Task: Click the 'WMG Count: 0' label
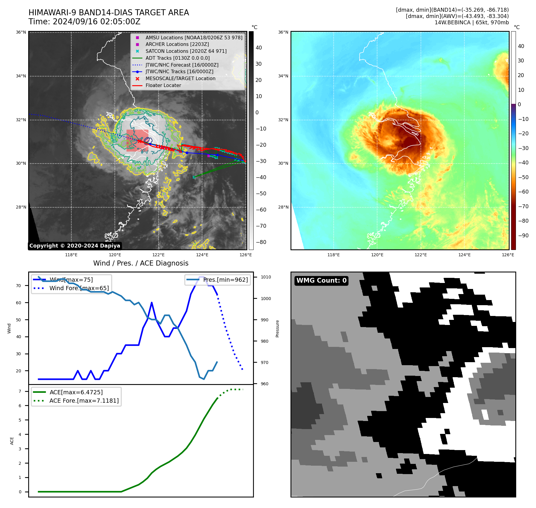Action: [321, 281]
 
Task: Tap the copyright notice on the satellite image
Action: [75, 246]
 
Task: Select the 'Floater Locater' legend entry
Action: [163, 86]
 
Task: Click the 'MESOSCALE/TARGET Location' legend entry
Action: [180, 79]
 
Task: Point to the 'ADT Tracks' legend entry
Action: [177, 58]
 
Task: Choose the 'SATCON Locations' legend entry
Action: [186, 51]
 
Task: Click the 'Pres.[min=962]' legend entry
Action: [225, 280]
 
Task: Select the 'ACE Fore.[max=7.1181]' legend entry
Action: [84, 401]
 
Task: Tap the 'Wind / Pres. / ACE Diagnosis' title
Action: [141, 263]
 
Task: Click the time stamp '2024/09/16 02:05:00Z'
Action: [97, 22]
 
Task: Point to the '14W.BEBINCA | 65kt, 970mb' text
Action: [472, 23]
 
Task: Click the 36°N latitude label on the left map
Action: [21, 32]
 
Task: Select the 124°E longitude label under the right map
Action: [464, 255]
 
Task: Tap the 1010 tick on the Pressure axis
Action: [266, 277]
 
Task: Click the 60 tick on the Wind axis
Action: [19, 303]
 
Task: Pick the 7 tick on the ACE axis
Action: [20, 391]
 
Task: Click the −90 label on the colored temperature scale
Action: [523, 236]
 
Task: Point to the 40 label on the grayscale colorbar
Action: [259, 48]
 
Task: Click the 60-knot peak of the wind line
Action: [152, 302]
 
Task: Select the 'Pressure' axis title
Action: [278, 329]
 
